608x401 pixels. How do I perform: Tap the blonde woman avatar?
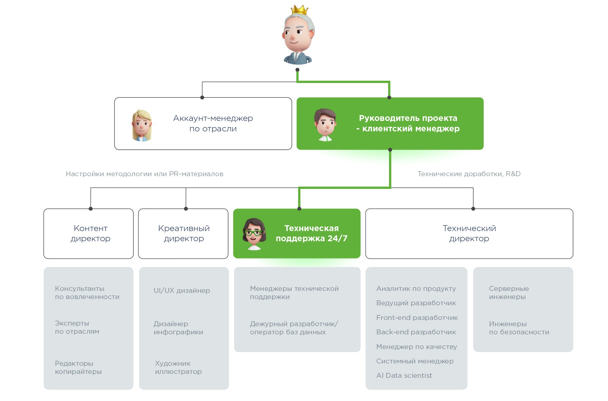142,125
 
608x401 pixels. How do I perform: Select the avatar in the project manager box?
325,125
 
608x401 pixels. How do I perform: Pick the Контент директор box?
89,234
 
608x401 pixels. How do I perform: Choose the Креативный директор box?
183,234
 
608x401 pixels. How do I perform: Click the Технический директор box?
469,234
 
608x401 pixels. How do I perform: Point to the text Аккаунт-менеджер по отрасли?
213,124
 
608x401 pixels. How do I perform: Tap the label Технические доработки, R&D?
469,174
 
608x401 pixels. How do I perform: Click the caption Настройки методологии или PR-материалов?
144,174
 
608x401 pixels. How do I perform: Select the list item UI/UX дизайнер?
182,291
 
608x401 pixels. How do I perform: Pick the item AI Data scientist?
404,376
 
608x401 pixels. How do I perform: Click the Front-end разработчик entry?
417,318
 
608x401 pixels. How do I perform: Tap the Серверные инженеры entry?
509,293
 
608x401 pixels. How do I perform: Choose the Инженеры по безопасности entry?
519,328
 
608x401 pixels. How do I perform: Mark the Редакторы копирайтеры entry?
78,367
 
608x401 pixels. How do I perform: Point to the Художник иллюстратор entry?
178,367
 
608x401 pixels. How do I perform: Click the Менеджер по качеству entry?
416,347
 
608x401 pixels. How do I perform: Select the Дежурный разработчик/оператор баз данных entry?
294,328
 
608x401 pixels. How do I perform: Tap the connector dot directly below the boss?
297,70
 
